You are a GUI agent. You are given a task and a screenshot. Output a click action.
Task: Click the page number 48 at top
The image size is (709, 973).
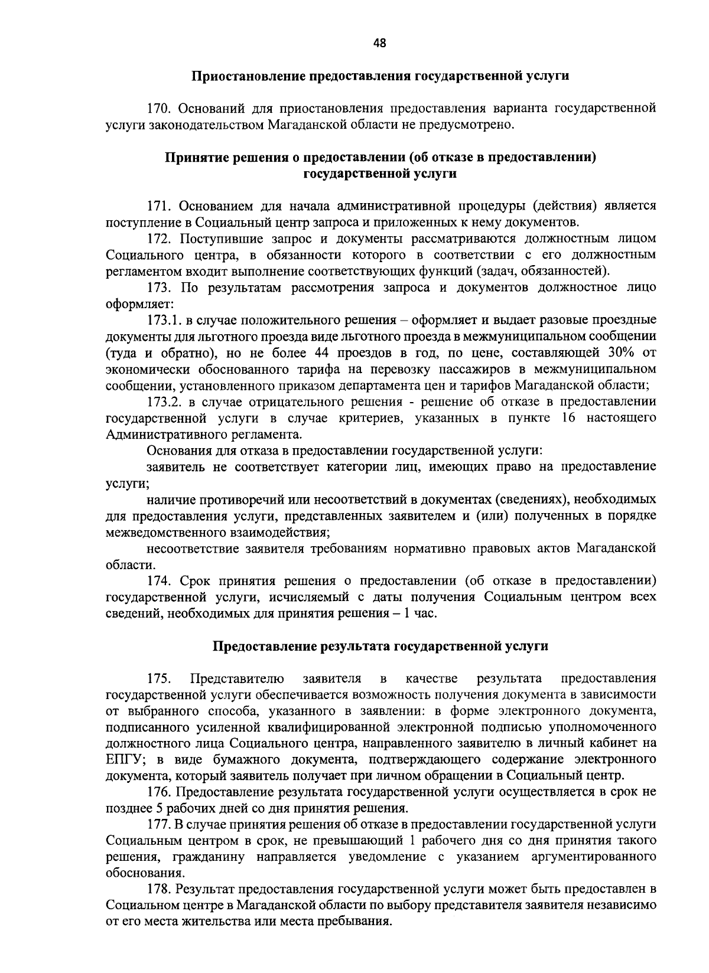pyautogui.click(x=380, y=43)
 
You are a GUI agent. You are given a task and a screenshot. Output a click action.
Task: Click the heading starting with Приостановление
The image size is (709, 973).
pyautogui.click(x=380, y=76)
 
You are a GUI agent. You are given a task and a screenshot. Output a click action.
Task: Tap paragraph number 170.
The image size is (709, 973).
pyautogui.click(x=159, y=109)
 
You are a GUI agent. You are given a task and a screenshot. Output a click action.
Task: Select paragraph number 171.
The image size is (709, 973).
pyautogui.click(x=158, y=206)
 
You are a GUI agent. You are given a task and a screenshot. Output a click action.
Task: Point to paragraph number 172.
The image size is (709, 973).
pyautogui.click(x=158, y=239)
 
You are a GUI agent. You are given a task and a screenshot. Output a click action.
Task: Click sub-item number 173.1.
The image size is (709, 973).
pyautogui.click(x=162, y=320)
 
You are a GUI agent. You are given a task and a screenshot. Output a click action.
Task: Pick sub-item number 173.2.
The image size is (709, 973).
pyautogui.click(x=162, y=401)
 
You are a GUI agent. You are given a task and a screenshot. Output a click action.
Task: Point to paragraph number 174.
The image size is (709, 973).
pyautogui.click(x=158, y=580)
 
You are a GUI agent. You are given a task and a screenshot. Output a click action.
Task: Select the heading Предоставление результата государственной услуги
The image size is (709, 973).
pyautogui.click(x=380, y=646)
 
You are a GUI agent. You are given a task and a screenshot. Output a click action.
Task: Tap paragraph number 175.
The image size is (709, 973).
pyautogui.click(x=159, y=678)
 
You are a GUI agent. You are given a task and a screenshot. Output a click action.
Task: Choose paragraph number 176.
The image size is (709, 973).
pyautogui.click(x=158, y=792)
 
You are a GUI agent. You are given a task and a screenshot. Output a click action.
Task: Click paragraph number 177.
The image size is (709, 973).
pyautogui.click(x=158, y=824)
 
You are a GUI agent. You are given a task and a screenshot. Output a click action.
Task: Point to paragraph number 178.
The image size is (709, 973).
pyautogui.click(x=158, y=889)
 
